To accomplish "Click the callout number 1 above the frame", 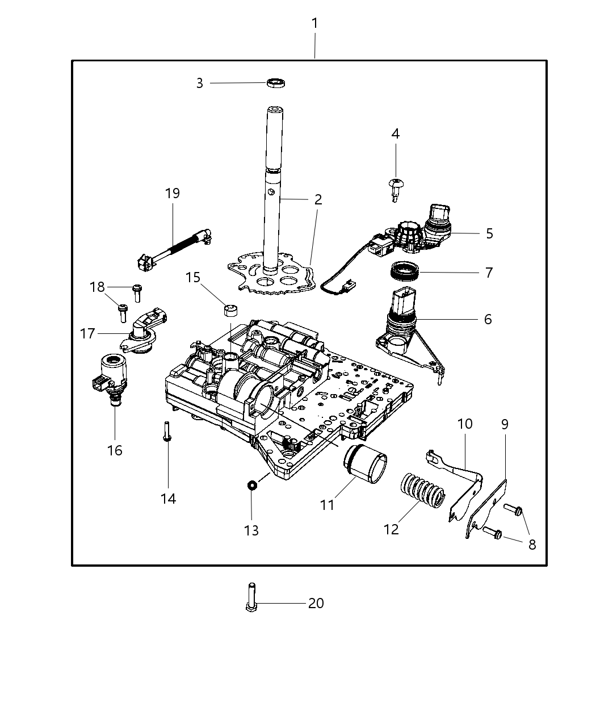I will pos(314,24).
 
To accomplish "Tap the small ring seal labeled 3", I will pos(276,83).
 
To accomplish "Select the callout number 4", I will pos(396,134).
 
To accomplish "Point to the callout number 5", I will pos(489,233).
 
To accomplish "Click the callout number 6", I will pos(488,319).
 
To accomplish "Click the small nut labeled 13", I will pos(251,485).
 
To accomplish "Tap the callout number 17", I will pos(87,333).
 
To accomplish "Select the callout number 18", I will pos(97,287).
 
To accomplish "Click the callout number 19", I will pos(173,193).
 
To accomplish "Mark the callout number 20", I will pos(316,603).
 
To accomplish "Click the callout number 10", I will pos(465,424).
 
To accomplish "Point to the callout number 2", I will pos(318,199).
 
